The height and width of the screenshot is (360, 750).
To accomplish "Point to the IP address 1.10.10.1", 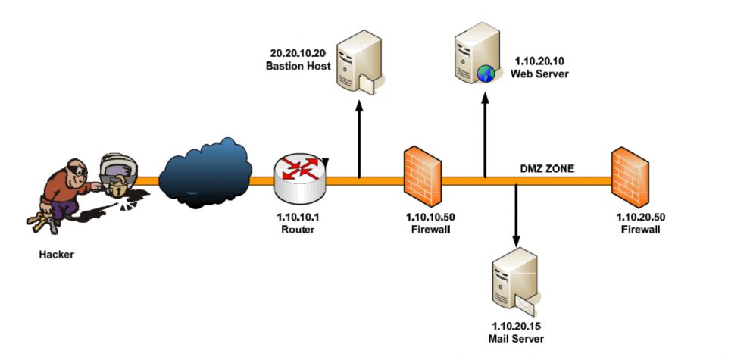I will point(299,218).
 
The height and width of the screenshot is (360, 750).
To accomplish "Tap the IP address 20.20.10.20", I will point(298,55).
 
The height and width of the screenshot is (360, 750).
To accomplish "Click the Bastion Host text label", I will point(298,67).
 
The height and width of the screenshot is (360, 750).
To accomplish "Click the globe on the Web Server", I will point(485,73).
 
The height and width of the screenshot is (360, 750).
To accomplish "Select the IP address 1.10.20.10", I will point(541,61).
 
